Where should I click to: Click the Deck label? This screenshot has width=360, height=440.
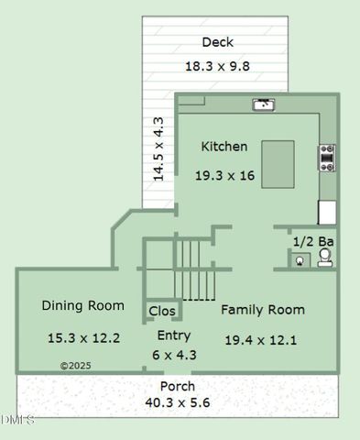[218, 42]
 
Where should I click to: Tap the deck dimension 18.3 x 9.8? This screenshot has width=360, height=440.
[217, 66]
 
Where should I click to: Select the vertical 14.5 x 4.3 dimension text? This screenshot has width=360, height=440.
[158, 148]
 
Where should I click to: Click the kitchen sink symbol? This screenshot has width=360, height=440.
[264, 104]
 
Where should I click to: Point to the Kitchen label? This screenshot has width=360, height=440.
[224, 147]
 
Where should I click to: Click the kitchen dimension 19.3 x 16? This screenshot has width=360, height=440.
[224, 175]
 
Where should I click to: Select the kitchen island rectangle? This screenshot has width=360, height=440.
[278, 164]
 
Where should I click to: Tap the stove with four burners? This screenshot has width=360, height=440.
[326, 158]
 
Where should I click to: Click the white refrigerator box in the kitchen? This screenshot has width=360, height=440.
[327, 213]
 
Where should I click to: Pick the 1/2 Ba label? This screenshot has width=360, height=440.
[312, 241]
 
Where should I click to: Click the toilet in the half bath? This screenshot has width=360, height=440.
[324, 258]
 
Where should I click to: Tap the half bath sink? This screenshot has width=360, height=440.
[300, 259]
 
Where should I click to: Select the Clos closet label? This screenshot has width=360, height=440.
[162, 312]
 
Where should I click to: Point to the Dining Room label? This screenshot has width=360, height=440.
[82, 306]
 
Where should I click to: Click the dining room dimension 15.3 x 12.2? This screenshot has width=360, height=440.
[83, 338]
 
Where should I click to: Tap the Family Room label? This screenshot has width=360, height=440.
[263, 310]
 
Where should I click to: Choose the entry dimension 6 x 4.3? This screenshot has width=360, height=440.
[173, 355]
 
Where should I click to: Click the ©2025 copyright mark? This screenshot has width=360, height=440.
[77, 365]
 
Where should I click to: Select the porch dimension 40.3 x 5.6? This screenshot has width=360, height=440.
[177, 401]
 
